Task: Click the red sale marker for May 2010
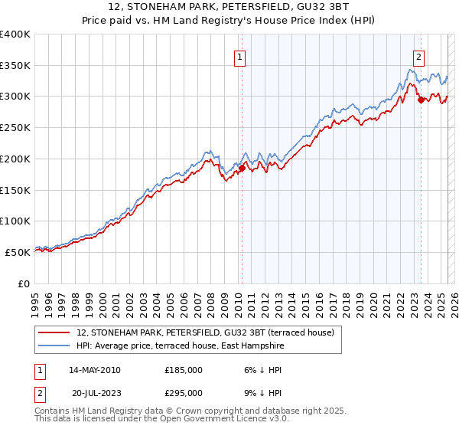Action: point(242,168)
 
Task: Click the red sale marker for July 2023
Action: point(421,100)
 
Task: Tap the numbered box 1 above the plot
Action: point(240,56)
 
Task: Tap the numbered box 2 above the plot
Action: point(419,56)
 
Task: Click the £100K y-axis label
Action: point(15,221)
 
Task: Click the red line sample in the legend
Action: point(55,333)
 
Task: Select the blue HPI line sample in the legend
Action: point(55,346)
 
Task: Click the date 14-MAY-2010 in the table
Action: point(94,370)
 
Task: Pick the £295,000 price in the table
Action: point(184,392)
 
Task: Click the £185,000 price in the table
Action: point(184,370)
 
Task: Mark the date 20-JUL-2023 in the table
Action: point(96,392)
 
